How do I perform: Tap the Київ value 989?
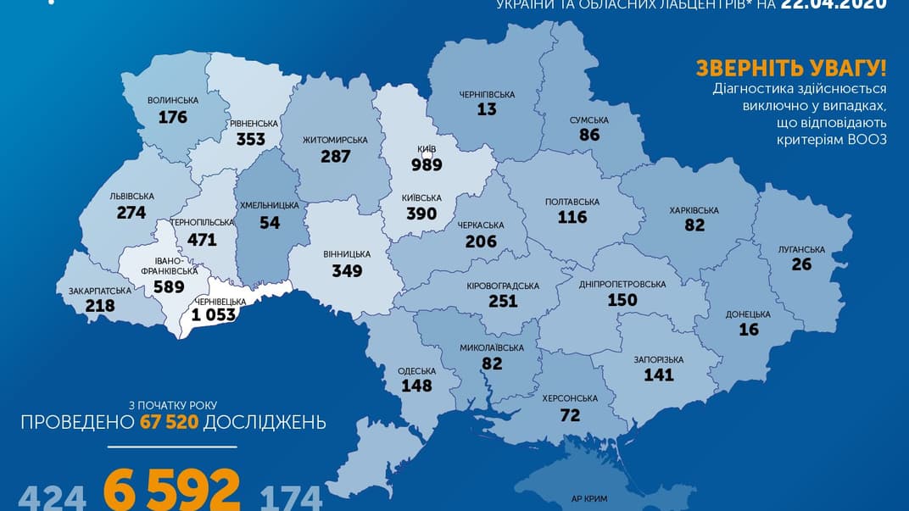click(427, 164)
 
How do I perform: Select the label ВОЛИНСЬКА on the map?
click(173, 100)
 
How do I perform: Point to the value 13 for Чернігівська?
click(486, 109)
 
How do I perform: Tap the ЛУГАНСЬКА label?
click(801, 249)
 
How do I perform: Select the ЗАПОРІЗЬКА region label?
click(653, 359)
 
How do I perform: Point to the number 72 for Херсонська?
click(569, 414)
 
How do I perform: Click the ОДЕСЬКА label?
click(417, 371)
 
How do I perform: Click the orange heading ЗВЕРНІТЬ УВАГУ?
click(790, 69)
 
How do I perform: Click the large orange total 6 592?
click(172, 491)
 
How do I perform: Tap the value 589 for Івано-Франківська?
click(170, 286)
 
